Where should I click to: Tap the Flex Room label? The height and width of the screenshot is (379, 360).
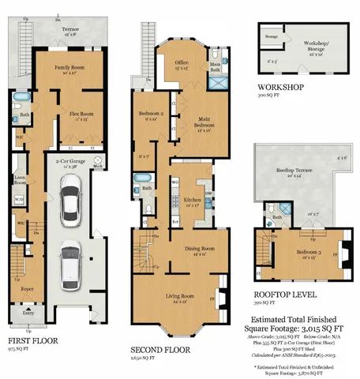[x=81, y=114]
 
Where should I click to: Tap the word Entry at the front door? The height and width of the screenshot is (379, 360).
[x=28, y=313]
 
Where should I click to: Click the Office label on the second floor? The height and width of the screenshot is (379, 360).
[x=182, y=62]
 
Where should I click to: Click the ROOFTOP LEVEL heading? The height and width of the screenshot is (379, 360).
[x=287, y=293]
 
